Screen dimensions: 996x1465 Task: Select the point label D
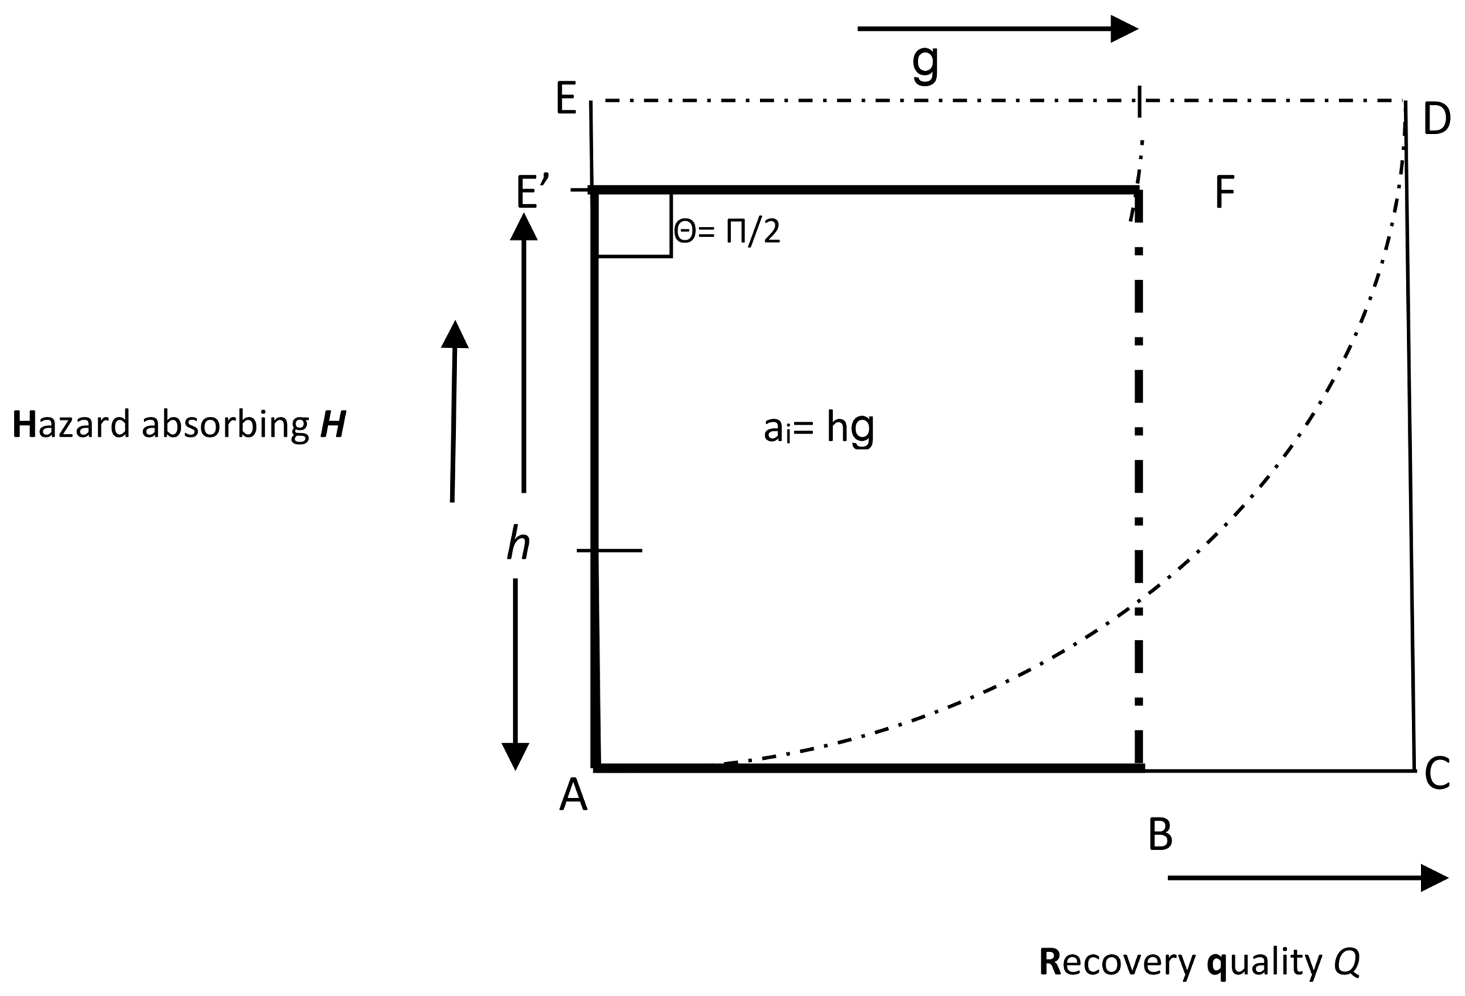tap(1437, 120)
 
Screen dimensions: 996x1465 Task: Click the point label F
tap(1225, 192)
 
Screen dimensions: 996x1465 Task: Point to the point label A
tap(573, 796)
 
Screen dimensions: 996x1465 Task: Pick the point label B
tap(1160, 835)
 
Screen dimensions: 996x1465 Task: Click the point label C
tap(1437, 774)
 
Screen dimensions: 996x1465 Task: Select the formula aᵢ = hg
tap(819, 429)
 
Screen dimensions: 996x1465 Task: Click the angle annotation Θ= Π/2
tap(726, 232)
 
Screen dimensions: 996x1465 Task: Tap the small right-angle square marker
tap(634, 224)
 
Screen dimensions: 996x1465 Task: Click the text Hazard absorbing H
tap(179, 426)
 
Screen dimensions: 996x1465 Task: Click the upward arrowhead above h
tap(524, 227)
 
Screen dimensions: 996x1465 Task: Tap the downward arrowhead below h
tap(515, 755)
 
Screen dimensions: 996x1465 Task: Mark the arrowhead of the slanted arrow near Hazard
tap(455, 335)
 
